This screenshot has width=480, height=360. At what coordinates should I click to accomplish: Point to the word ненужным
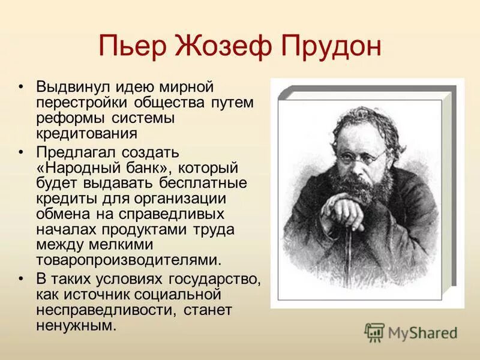click(x=75, y=326)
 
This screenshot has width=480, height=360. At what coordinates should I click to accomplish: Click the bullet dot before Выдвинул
click(x=22, y=88)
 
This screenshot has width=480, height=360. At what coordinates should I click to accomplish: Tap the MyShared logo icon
click(x=375, y=332)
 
